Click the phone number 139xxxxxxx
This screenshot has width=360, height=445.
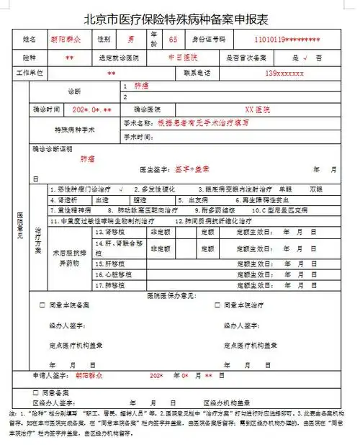(285, 73)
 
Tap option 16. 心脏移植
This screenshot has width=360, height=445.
(110, 274)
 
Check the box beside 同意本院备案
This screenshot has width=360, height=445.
(42, 305)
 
